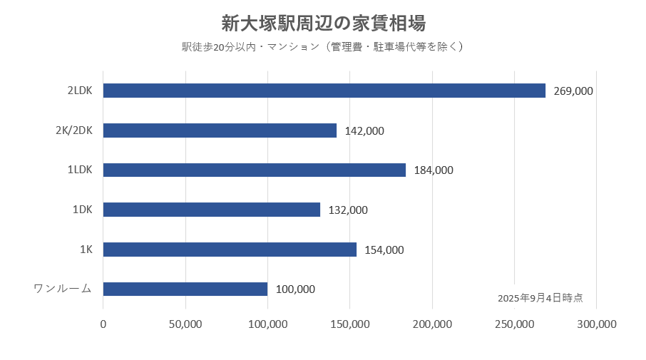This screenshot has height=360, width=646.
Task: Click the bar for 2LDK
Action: pos(324,91)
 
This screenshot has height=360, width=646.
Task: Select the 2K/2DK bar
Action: pos(220,130)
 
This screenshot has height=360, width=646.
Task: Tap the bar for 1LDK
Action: pos(255,170)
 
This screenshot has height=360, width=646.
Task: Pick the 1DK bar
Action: pos(212,210)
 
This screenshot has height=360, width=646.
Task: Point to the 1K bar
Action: pos(230,250)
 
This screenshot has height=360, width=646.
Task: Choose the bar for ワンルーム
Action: pos(185,289)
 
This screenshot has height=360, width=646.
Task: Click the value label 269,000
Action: pos(573,91)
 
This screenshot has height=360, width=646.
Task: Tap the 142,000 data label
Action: pos(364,131)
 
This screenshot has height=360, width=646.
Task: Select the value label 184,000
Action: pos(434,170)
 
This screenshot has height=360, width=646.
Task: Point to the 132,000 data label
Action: pos(348,210)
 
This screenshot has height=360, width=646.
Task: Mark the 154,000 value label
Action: pos(384,250)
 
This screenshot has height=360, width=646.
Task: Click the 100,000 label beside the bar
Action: pos(295,289)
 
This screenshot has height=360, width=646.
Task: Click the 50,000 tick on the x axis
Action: pos(185,324)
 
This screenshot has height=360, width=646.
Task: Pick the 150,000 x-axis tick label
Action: pos(350,324)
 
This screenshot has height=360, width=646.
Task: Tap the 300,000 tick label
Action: pos(596,324)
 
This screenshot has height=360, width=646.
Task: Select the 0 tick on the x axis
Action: pos(103,324)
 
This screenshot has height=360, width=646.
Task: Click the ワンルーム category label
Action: pos(63,289)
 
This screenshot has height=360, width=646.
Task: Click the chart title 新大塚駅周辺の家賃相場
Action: pos(323,24)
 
